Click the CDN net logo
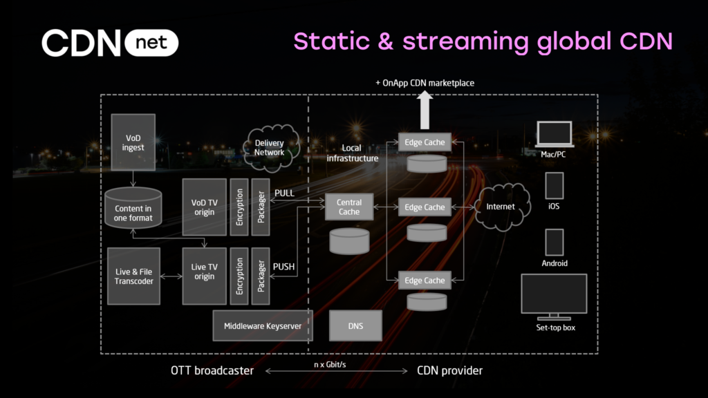pyautogui.click(x=110, y=43)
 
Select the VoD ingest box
pyautogui.click(x=133, y=142)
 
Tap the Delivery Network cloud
pyautogui.click(x=270, y=148)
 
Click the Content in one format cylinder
pyautogui.click(x=133, y=210)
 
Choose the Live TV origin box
pyautogui.click(x=204, y=272)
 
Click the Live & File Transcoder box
pyautogui.click(x=133, y=276)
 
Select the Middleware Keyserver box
pyautogui.click(x=263, y=325)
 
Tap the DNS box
pyautogui.click(x=355, y=325)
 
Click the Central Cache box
pyautogui.click(x=349, y=207)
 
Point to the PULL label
pyautogui.click(x=284, y=193)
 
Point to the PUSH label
pyautogui.click(x=284, y=266)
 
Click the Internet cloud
pyautogui.click(x=501, y=207)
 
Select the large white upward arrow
pyautogui.click(x=425, y=107)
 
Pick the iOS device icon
pyautogui.click(x=555, y=187)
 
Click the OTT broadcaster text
pyautogui.click(x=212, y=371)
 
